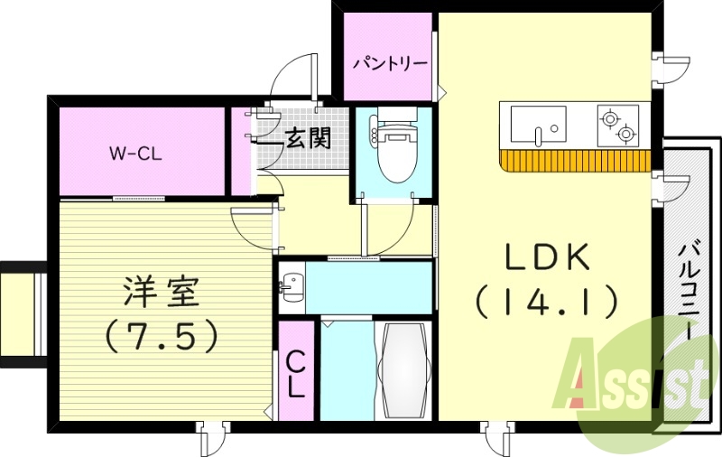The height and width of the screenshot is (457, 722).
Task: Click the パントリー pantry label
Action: (390, 64)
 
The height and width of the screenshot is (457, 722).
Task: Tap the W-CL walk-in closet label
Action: (135, 153)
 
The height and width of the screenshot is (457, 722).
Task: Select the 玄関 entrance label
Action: (307, 138)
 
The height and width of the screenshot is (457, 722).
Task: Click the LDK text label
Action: (547, 259)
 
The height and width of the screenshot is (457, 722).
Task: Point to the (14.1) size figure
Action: (547, 301)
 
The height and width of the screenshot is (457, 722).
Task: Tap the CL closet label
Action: (295, 373)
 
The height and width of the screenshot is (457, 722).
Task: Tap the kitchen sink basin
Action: (538, 125)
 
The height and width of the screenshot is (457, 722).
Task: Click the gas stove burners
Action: (617, 125)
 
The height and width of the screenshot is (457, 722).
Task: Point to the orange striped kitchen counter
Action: (573, 161)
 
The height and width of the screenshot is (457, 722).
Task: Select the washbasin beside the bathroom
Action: (290, 287)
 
